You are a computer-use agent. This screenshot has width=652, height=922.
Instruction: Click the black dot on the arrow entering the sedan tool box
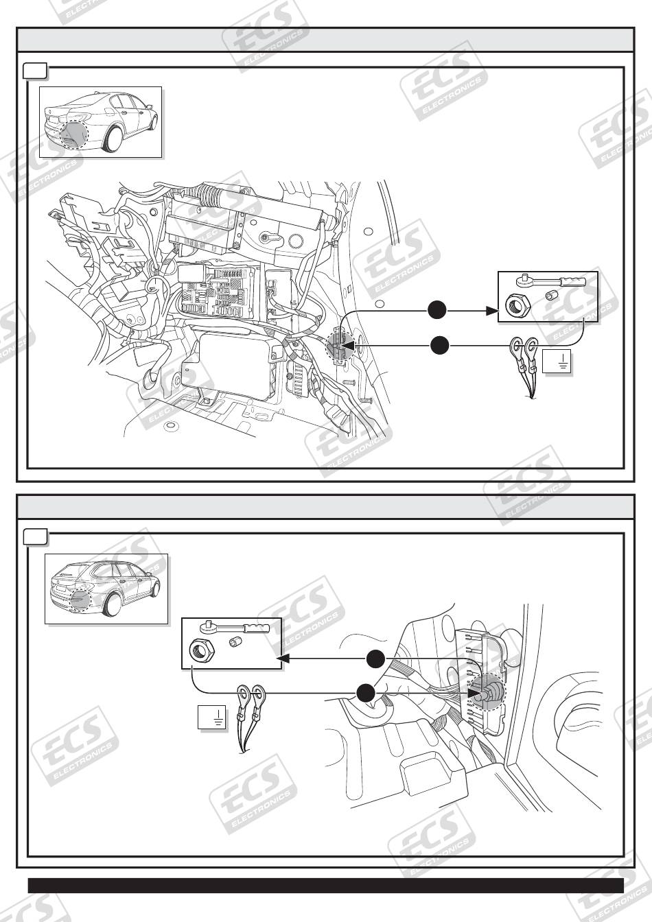[437, 311]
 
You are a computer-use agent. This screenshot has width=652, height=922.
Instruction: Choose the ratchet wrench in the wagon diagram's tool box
[237, 627]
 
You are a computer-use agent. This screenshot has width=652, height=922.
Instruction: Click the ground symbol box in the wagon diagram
[211, 718]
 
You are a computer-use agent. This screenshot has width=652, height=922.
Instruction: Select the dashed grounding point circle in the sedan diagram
[340, 347]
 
